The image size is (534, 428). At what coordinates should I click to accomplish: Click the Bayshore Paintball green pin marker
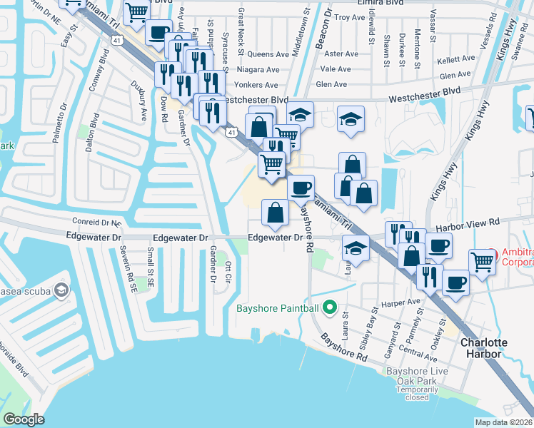click(329, 308)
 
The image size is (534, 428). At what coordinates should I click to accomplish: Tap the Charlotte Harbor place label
click(483, 348)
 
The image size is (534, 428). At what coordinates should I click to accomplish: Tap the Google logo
click(24, 419)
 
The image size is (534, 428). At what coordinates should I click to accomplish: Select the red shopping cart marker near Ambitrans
click(483, 263)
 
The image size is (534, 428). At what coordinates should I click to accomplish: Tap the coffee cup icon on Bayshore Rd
click(301, 188)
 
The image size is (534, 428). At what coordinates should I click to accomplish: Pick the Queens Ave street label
click(268, 53)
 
